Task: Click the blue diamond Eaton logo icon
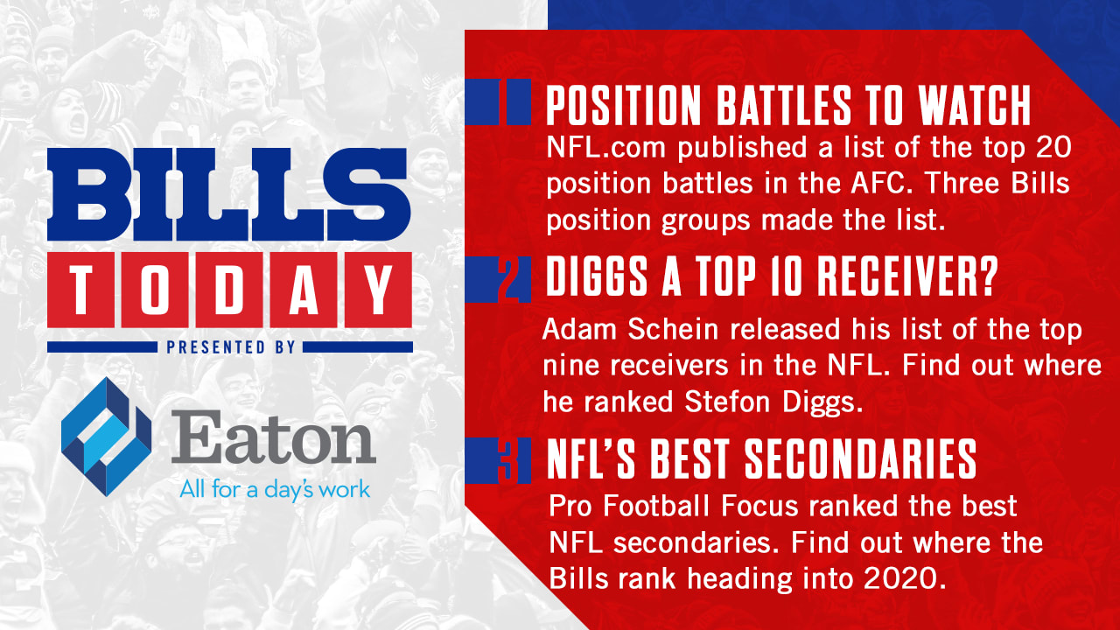pos(106,437)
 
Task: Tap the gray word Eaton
pos(274,441)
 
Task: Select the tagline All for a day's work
pos(275,488)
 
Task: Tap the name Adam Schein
pos(633,331)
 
